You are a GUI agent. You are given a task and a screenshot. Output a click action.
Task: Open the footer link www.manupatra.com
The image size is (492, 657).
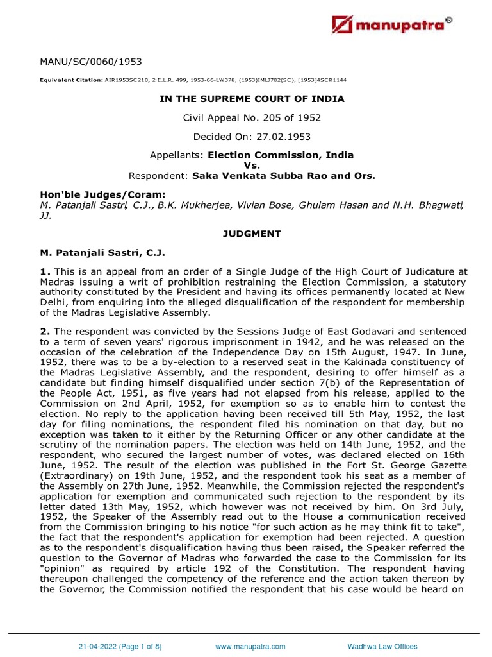pyautogui.click(x=250, y=647)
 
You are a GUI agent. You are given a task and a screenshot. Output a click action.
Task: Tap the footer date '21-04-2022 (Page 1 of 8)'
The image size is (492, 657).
pyautogui.click(x=122, y=647)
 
